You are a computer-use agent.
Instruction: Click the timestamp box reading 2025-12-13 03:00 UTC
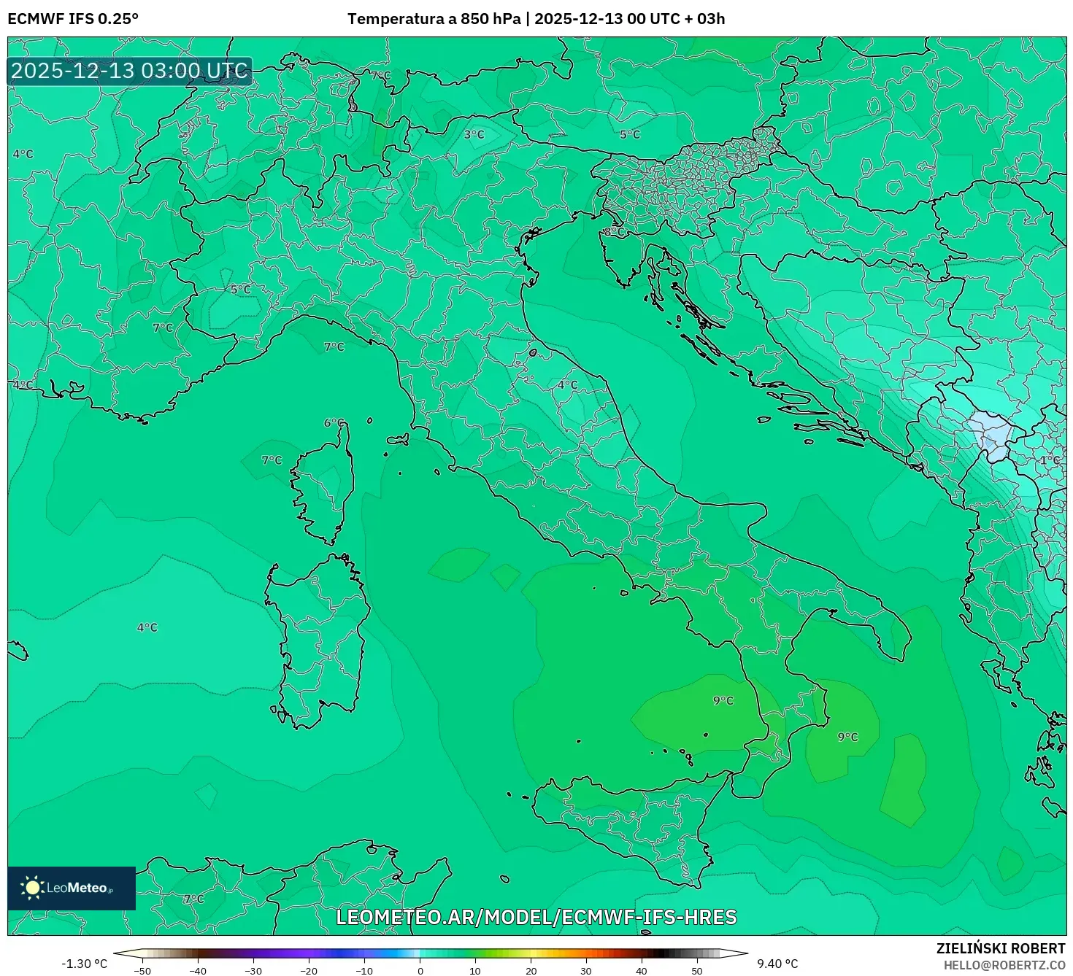tap(130, 71)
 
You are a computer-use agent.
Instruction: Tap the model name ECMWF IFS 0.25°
tap(73, 19)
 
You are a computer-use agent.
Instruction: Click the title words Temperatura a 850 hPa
tap(434, 19)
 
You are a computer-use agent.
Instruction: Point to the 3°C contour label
tap(474, 134)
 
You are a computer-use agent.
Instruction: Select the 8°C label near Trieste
tap(614, 232)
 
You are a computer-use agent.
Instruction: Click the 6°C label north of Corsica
tap(334, 422)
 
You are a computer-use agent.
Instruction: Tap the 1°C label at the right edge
tap(1050, 460)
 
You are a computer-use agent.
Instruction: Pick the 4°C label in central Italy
tap(567, 384)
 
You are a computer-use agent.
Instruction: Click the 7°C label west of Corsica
tap(272, 460)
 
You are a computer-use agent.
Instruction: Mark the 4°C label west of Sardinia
tap(147, 627)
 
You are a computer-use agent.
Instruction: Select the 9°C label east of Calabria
tap(847, 737)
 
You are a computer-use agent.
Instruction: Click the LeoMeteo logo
tap(71, 888)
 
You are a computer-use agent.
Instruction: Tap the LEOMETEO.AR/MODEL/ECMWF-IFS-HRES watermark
tap(536, 917)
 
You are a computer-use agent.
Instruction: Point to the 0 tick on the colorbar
tap(420, 970)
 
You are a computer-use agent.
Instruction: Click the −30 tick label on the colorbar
tap(253, 970)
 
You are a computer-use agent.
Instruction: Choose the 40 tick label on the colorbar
tap(642, 970)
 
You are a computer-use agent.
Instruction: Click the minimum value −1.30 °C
tap(84, 964)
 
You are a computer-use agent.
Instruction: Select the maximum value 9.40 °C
tap(777, 964)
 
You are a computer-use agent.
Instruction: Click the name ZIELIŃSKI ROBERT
tap(1001, 948)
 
